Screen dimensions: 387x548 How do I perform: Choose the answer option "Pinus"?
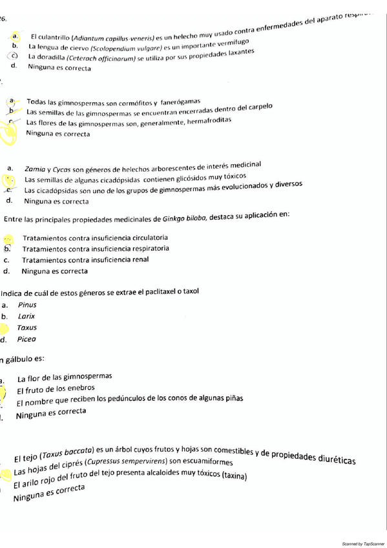27,305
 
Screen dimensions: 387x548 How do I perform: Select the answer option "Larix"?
26,316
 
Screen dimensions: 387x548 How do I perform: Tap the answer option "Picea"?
26,339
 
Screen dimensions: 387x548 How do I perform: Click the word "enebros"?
80,388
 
